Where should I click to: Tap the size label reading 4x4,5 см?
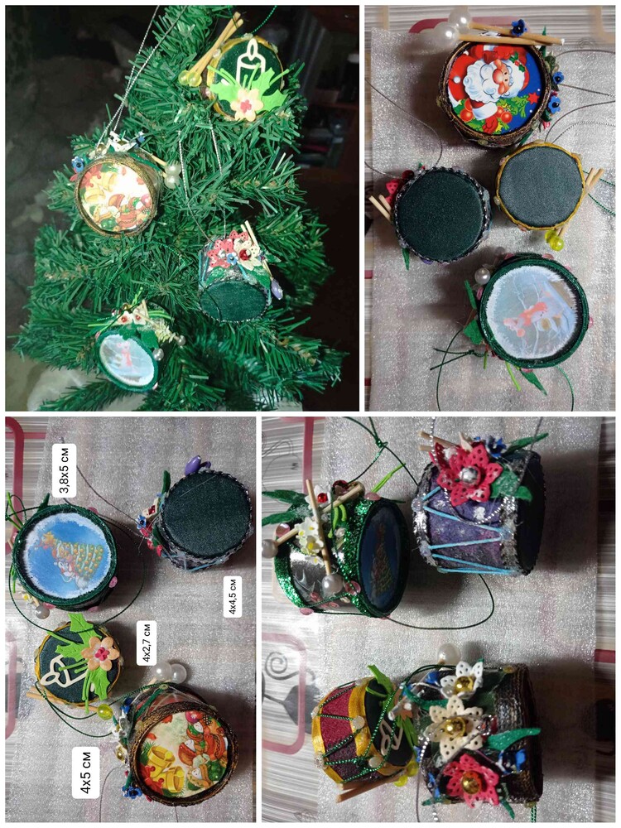[x=233, y=596]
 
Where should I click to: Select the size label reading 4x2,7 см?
[x=147, y=643]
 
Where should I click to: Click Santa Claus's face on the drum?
[x=484, y=84]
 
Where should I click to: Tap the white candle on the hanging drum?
[x=247, y=65]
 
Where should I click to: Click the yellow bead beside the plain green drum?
[x=556, y=243]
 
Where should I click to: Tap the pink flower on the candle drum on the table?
[x=100, y=654]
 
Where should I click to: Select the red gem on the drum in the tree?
[x=244, y=255]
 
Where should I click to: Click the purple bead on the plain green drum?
[x=193, y=465]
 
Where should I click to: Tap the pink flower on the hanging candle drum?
[x=246, y=103]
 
